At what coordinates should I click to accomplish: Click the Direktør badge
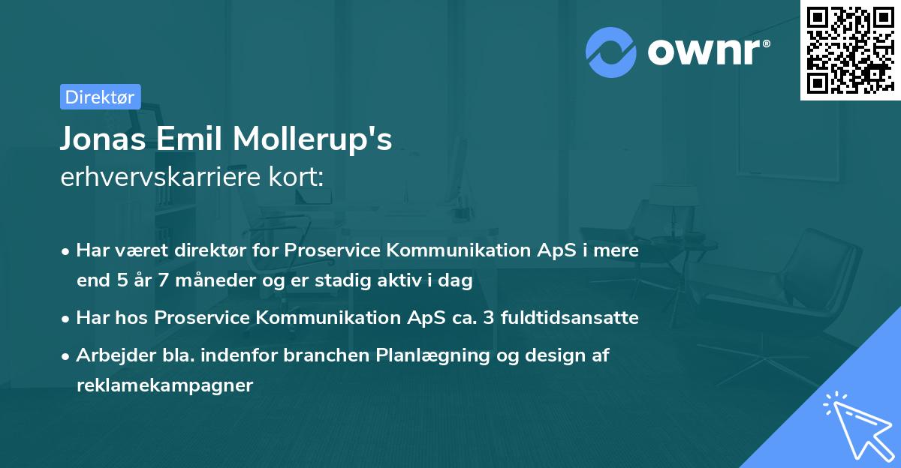click(100, 97)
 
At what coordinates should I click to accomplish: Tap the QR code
click(849, 49)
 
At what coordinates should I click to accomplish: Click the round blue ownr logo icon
click(610, 52)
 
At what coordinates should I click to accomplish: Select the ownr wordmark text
click(707, 52)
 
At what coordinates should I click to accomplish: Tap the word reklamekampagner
click(165, 385)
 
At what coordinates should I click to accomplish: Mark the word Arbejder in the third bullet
click(110, 355)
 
